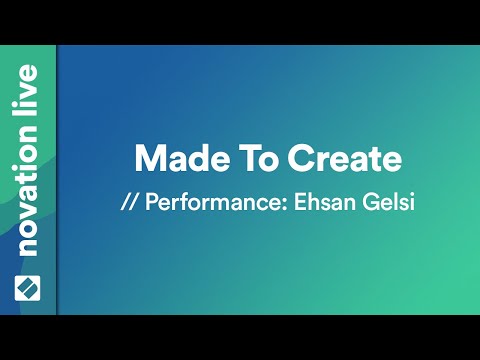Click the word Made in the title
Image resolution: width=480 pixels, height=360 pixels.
172,159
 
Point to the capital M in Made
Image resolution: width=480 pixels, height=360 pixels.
147,159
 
